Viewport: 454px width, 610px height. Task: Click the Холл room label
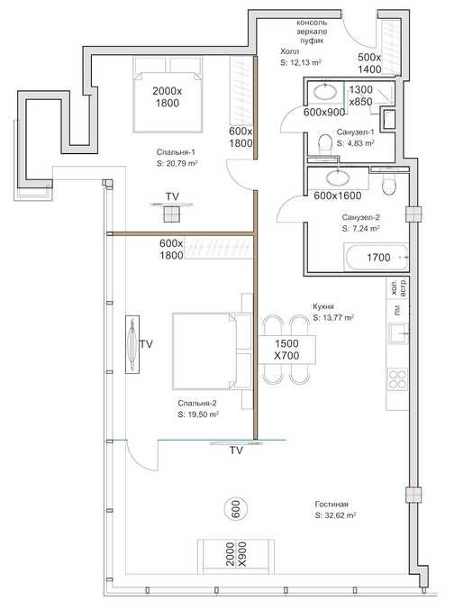(x=289, y=51)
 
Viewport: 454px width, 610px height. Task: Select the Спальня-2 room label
(x=197, y=404)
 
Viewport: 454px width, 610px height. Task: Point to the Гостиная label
(x=331, y=505)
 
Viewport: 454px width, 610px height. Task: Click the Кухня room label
(x=323, y=306)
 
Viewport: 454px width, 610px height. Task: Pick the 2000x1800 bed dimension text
(x=168, y=97)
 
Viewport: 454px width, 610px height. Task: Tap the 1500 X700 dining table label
(x=286, y=350)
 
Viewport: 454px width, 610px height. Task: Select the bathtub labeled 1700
(x=377, y=257)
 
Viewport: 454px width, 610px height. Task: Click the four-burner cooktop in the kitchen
(x=397, y=379)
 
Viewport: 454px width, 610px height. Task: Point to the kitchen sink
(x=398, y=333)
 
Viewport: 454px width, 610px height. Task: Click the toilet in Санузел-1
(x=324, y=145)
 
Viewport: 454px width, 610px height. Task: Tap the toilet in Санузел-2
(x=389, y=184)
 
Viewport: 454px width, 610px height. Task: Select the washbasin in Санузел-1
(x=325, y=93)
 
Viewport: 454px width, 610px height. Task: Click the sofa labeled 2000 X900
(x=236, y=556)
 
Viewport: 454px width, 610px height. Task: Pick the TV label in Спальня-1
(x=172, y=196)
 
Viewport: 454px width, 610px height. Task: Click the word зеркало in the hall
(x=312, y=32)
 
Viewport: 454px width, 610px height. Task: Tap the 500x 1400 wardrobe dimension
(x=369, y=63)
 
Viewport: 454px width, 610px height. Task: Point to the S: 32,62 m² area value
(x=336, y=515)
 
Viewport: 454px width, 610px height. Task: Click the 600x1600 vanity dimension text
(x=338, y=196)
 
